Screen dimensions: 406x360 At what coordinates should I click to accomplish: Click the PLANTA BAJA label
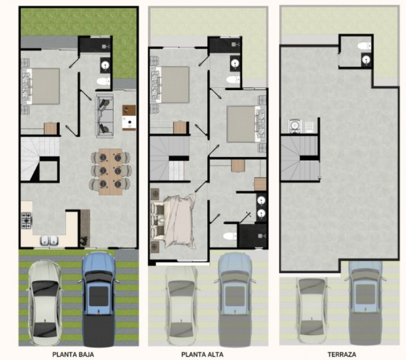point(73,354)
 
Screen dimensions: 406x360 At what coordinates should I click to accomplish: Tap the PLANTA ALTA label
point(202,354)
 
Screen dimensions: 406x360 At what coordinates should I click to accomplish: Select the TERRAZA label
point(342,354)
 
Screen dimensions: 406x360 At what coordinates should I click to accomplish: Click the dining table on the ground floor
point(110,172)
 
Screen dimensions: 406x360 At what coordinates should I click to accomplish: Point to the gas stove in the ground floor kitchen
point(27,221)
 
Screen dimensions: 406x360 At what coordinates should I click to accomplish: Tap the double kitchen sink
point(49,240)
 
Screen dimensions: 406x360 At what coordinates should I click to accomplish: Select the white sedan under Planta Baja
point(45,303)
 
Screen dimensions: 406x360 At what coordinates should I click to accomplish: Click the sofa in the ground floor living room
point(105,115)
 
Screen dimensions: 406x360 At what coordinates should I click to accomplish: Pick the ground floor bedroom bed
point(42,86)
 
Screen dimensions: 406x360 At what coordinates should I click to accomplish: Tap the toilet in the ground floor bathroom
point(104,82)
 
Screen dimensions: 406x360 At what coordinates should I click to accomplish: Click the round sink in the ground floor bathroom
point(106,64)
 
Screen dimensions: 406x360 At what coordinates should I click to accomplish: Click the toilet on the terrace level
point(364,46)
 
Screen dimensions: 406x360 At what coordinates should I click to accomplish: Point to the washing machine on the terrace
point(295,126)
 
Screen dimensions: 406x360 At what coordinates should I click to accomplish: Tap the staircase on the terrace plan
point(299,158)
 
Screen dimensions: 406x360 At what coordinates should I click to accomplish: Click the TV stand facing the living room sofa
point(129,118)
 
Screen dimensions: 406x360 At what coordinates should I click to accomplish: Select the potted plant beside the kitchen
point(84,241)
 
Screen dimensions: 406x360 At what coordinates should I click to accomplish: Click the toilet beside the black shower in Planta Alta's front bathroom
point(230,236)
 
